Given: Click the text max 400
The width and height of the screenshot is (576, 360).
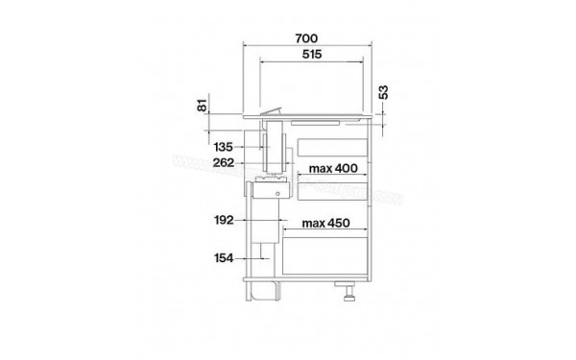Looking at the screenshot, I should (333, 169).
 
